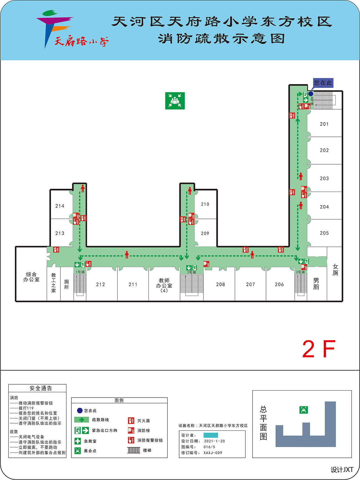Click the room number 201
[x=324, y=124]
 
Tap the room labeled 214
[x=60, y=206]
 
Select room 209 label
[x=205, y=233]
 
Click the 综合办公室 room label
[x=31, y=277]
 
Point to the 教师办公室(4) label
[x=164, y=285]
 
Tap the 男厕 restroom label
[x=316, y=284]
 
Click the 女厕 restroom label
[x=335, y=270]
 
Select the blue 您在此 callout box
[x=323, y=83]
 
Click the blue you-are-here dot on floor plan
[x=311, y=94]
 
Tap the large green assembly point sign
[x=175, y=101]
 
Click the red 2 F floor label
[x=319, y=349]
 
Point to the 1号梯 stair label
[x=80, y=272]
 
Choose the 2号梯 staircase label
[x=192, y=272]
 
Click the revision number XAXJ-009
[x=213, y=453]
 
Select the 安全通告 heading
[x=41, y=388]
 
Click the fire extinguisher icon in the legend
[x=131, y=421]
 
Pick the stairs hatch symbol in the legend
[x=134, y=450]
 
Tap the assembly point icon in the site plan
[x=304, y=410]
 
